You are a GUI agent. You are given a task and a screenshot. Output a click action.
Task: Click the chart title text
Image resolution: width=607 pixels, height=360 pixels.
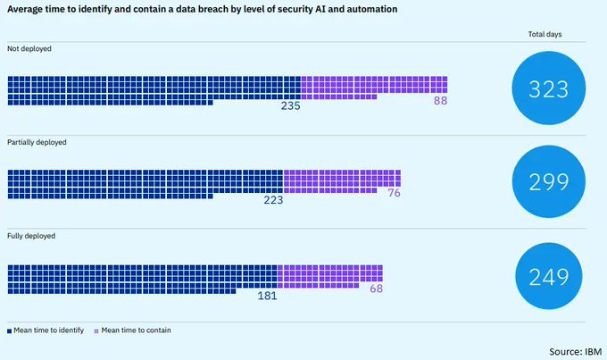point(203,9)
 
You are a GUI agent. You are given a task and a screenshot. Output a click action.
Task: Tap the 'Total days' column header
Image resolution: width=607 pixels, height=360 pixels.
point(545,35)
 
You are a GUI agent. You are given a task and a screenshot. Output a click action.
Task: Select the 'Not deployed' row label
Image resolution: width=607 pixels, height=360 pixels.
point(29,48)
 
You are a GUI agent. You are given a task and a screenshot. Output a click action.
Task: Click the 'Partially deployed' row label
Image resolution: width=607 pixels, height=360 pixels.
point(37,142)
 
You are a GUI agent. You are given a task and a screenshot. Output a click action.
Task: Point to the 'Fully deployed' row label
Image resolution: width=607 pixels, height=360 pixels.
point(31,236)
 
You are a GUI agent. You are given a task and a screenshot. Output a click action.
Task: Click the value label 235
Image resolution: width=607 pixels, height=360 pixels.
point(289,105)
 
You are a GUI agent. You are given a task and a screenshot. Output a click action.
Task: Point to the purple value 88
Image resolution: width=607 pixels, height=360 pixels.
point(439,102)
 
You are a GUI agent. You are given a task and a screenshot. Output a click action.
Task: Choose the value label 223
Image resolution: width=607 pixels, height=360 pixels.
point(272,200)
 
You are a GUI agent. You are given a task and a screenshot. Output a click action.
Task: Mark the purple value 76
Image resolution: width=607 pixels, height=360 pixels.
point(393,193)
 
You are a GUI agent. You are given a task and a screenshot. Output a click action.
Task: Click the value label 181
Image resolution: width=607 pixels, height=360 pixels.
point(266,295)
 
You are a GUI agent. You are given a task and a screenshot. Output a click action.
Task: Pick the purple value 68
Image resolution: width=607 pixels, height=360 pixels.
point(375,288)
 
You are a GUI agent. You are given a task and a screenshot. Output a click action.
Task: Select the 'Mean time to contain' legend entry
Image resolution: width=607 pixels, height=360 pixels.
point(134,331)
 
